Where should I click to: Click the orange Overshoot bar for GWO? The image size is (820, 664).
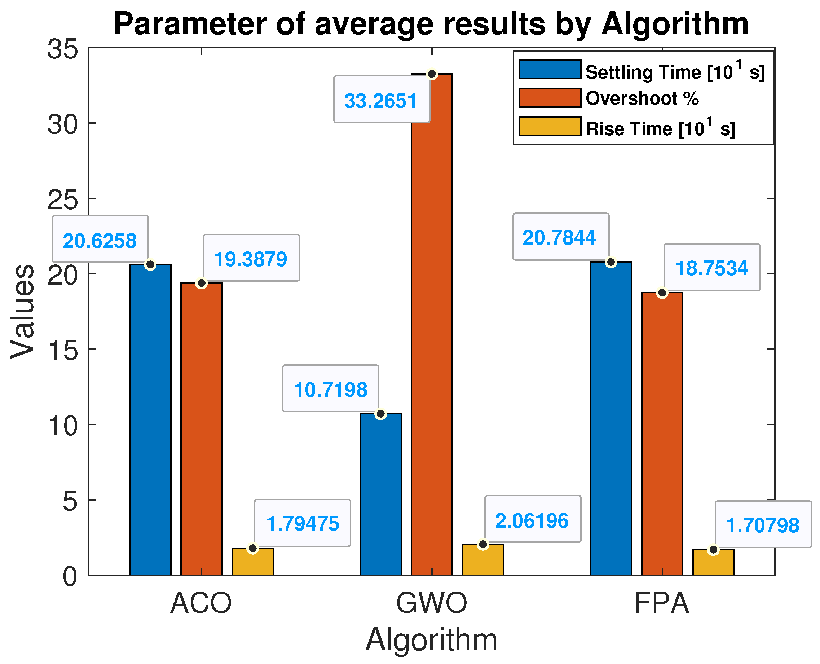point(432,325)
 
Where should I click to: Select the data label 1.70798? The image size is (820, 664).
point(763,525)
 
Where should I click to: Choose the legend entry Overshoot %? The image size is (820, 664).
point(643,99)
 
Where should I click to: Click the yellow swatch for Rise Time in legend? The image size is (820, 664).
point(550,127)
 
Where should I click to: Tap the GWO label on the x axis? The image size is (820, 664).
point(431,603)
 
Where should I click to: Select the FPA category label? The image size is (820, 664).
point(662,603)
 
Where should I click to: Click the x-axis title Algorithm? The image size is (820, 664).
point(431,640)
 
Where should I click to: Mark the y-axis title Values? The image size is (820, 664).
point(22,311)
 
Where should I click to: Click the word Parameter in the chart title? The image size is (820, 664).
point(189,24)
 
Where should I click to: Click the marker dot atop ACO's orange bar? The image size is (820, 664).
point(202,283)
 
